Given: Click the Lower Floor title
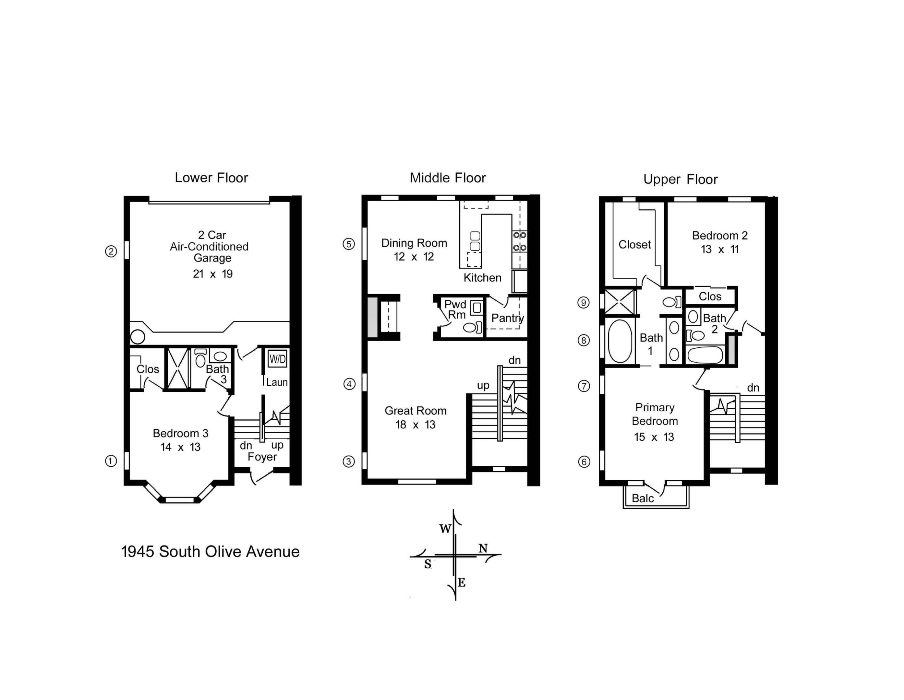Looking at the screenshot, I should pos(211,178).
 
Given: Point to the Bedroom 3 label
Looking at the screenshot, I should pos(180,433).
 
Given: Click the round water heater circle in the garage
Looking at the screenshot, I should pos(138,337).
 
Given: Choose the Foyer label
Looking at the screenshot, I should pos(262,457).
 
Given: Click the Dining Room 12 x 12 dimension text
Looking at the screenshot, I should pos(414,257).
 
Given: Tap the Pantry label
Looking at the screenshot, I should pos(507,318).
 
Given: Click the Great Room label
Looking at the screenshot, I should pos(416,411).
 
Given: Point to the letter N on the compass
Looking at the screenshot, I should pos(483,548).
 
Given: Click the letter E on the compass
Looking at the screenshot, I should pos(462,583).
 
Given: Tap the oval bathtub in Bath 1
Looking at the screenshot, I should pos(620,341).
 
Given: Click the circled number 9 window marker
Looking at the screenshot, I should pos(584,303).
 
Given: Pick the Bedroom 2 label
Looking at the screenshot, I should pos(720,236).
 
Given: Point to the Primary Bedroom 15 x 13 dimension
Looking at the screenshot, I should pos(654,437).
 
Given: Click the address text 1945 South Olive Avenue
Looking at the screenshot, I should pos(210,552).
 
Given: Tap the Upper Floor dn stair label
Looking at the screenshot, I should pos(753,388).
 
